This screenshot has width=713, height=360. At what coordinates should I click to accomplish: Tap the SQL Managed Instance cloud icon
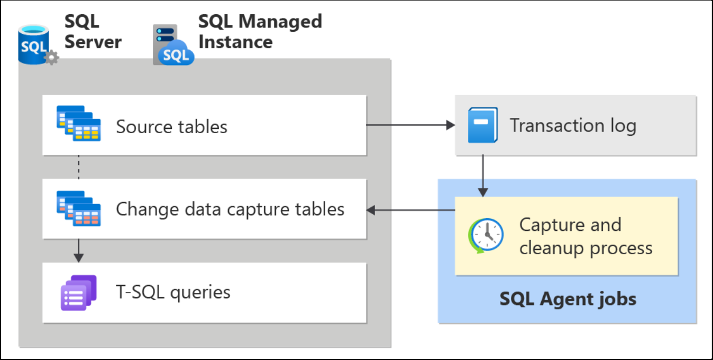(x=173, y=45)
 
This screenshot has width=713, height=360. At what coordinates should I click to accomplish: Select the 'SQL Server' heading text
(x=93, y=32)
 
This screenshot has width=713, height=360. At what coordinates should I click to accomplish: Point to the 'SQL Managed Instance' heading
(x=260, y=32)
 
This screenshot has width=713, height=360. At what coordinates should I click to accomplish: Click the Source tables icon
(x=78, y=124)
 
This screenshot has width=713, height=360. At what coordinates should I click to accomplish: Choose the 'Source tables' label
(x=171, y=127)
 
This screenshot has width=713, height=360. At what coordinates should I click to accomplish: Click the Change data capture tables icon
(x=78, y=208)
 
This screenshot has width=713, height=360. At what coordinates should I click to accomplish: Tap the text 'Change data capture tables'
(x=230, y=209)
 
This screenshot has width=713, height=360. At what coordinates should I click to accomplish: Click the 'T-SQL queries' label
(x=173, y=292)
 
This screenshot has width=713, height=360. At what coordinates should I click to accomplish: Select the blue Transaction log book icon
(x=482, y=125)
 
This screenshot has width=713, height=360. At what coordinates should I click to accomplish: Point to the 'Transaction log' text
(x=572, y=126)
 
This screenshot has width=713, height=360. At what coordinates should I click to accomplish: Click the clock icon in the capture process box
(x=486, y=235)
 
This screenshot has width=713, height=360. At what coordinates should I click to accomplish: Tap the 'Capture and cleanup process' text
(x=586, y=236)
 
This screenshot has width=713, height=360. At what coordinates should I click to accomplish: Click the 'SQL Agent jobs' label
(x=568, y=300)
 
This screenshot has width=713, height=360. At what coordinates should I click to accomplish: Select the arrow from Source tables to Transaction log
(x=410, y=125)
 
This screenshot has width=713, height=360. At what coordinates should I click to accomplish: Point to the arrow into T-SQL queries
(x=79, y=251)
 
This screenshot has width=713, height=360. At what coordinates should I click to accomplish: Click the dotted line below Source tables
(x=79, y=167)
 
